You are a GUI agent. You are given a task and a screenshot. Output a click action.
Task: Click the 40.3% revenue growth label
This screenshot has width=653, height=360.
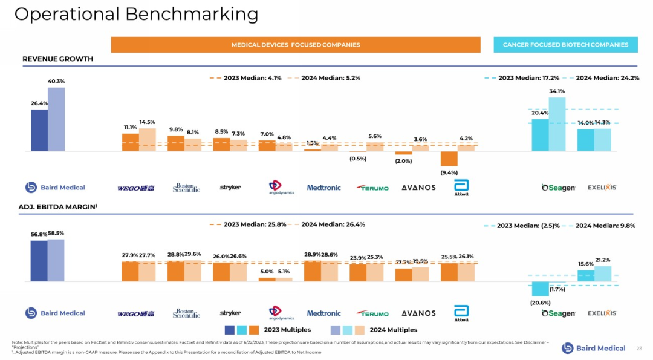pos(56,81)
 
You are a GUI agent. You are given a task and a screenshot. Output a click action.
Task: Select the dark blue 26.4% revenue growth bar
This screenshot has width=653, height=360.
pos(39,129)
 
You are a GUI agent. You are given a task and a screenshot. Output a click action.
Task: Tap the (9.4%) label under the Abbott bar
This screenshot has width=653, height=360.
pos(449,172)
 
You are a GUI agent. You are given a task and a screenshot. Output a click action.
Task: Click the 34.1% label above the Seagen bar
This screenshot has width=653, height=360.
pos(557,91)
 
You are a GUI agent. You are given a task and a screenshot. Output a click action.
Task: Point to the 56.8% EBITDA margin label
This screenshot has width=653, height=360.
pos(39,234)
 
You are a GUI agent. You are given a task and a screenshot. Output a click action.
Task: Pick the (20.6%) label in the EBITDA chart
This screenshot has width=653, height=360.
pos(540,303)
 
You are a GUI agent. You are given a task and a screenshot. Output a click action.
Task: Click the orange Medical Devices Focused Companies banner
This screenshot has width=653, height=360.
pos(296,45)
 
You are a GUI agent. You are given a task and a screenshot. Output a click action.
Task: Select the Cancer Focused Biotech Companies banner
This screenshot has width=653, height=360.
pos(565,45)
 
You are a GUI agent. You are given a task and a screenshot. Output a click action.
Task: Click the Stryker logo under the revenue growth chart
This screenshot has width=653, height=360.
pos(230,188)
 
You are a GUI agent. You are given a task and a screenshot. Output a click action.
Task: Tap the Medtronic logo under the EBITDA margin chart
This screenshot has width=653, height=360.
pos(323,313)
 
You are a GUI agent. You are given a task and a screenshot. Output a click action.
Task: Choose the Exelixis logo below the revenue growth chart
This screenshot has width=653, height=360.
pos(602,188)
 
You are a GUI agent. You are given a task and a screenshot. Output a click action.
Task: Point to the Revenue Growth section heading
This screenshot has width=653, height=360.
pos(58,59)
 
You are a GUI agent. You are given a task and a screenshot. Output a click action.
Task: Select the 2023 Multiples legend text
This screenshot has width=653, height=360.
pos(287,330)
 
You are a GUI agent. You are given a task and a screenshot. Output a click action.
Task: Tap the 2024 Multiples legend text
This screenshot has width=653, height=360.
pos(393,330)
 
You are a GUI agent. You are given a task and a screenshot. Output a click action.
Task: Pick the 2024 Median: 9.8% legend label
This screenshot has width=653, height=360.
pos(605,226)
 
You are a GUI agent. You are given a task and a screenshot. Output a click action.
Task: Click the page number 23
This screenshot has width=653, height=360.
pos(639,348)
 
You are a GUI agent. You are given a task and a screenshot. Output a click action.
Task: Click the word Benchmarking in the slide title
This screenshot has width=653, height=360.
pos(192,14)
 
